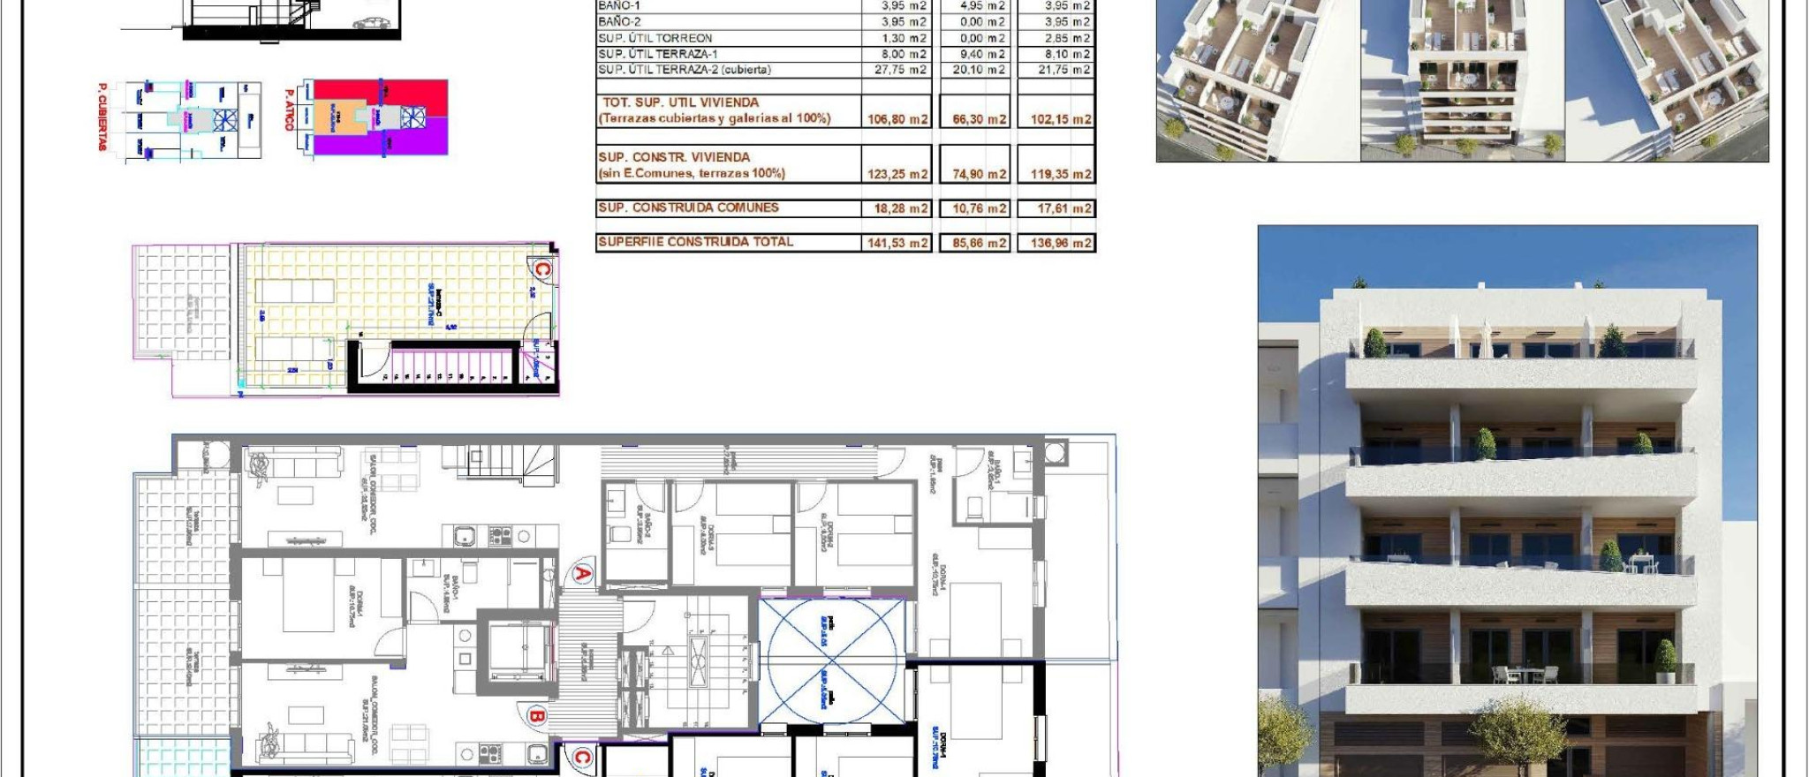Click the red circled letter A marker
[583, 574]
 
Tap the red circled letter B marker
[535, 715]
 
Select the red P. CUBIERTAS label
[102, 117]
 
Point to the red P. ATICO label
[288, 109]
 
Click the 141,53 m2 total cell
[897, 243]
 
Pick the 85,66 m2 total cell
[978, 243]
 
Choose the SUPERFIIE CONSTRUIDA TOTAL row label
[695, 242]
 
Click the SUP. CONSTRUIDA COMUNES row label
[688, 208]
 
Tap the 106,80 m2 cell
[897, 119]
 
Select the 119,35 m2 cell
[1060, 174]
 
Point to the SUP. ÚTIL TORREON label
[655, 38]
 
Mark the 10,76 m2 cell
[978, 209]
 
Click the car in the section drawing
[373, 22]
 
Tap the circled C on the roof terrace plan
[541, 268]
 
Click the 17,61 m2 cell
[1060, 209]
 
